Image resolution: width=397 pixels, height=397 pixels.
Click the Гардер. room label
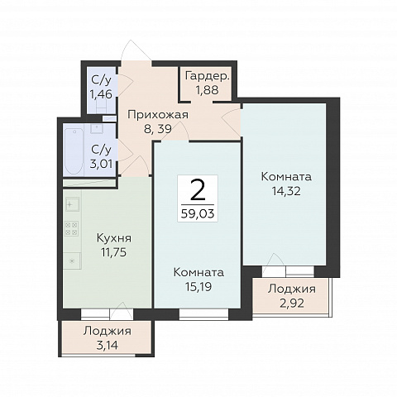pos(208,76)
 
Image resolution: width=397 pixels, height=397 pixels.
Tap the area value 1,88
pos(208,90)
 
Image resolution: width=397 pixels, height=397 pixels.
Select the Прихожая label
pos(158,115)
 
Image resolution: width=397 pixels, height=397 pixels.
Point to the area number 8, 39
pos(158,128)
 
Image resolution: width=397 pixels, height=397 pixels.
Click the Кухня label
pos(114,238)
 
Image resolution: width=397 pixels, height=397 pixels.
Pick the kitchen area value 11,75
pos(114,252)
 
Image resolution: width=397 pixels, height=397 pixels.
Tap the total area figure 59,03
pos(198,213)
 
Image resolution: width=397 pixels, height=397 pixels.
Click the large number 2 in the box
pos(198,190)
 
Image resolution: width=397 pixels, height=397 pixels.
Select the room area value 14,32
pos(286,190)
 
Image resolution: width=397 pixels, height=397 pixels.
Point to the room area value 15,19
pos(198,287)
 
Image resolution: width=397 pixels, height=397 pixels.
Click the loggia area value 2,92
pos(292,304)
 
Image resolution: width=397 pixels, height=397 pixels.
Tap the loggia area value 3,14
pos(108,345)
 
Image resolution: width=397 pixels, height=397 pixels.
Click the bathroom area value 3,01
pos(101,164)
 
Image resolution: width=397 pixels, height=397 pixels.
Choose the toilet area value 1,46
pos(101,94)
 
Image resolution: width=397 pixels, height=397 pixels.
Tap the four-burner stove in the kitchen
pos(72,228)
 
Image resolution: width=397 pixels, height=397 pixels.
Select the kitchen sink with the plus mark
pos(72,204)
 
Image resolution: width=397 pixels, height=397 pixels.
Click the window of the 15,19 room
pos(203,314)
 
